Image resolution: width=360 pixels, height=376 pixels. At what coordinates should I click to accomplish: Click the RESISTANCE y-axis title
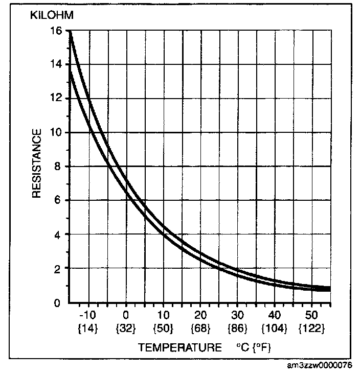pyautogui.click(x=37, y=164)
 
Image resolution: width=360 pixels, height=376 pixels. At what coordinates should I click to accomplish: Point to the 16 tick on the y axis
pyautogui.click(x=56, y=31)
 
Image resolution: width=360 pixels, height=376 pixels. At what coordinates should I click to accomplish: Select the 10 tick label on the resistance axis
pyautogui.click(x=56, y=133)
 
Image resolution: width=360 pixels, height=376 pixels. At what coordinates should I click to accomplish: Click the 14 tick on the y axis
pyautogui.click(x=56, y=64)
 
